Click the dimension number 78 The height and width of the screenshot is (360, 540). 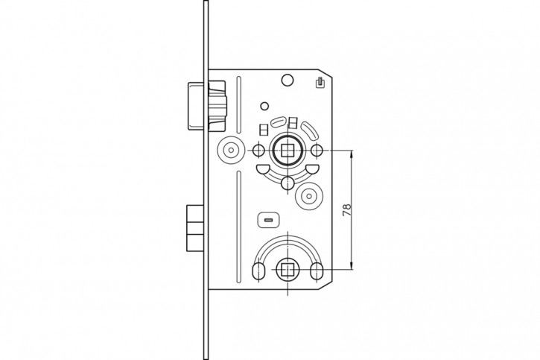pyautogui.click(x=347, y=209)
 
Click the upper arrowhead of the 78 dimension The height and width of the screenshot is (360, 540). pyautogui.click(x=352, y=154)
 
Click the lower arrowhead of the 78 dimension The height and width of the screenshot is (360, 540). pyautogui.click(x=352, y=265)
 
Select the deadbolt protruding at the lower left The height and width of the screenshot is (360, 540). pyautogui.click(x=195, y=228)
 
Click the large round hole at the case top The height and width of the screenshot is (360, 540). pyautogui.click(x=288, y=80)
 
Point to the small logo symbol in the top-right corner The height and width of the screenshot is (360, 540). pyautogui.click(x=320, y=83)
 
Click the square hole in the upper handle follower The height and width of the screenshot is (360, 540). pyautogui.click(x=288, y=151)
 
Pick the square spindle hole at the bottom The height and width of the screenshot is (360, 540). pyautogui.click(x=288, y=269)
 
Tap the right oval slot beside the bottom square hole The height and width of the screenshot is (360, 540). pyautogui.click(x=316, y=271)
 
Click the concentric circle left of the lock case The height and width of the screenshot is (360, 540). pyautogui.click(x=230, y=151)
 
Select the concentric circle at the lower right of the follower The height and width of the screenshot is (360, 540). pyautogui.click(x=308, y=196)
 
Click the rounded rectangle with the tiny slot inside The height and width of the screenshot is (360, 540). pyautogui.click(x=269, y=220)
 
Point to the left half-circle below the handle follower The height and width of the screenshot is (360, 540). pyautogui.click(x=262, y=169)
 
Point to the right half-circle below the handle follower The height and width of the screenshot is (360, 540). pyautogui.click(x=312, y=169)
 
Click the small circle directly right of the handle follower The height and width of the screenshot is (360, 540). pyautogui.click(x=317, y=151)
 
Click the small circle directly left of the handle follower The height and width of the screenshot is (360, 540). pyautogui.click(x=258, y=151)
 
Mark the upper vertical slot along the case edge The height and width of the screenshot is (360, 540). pyautogui.click(x=239, y=105)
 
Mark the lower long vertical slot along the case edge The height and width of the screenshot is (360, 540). pyautogui.click(x=239, y=227)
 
